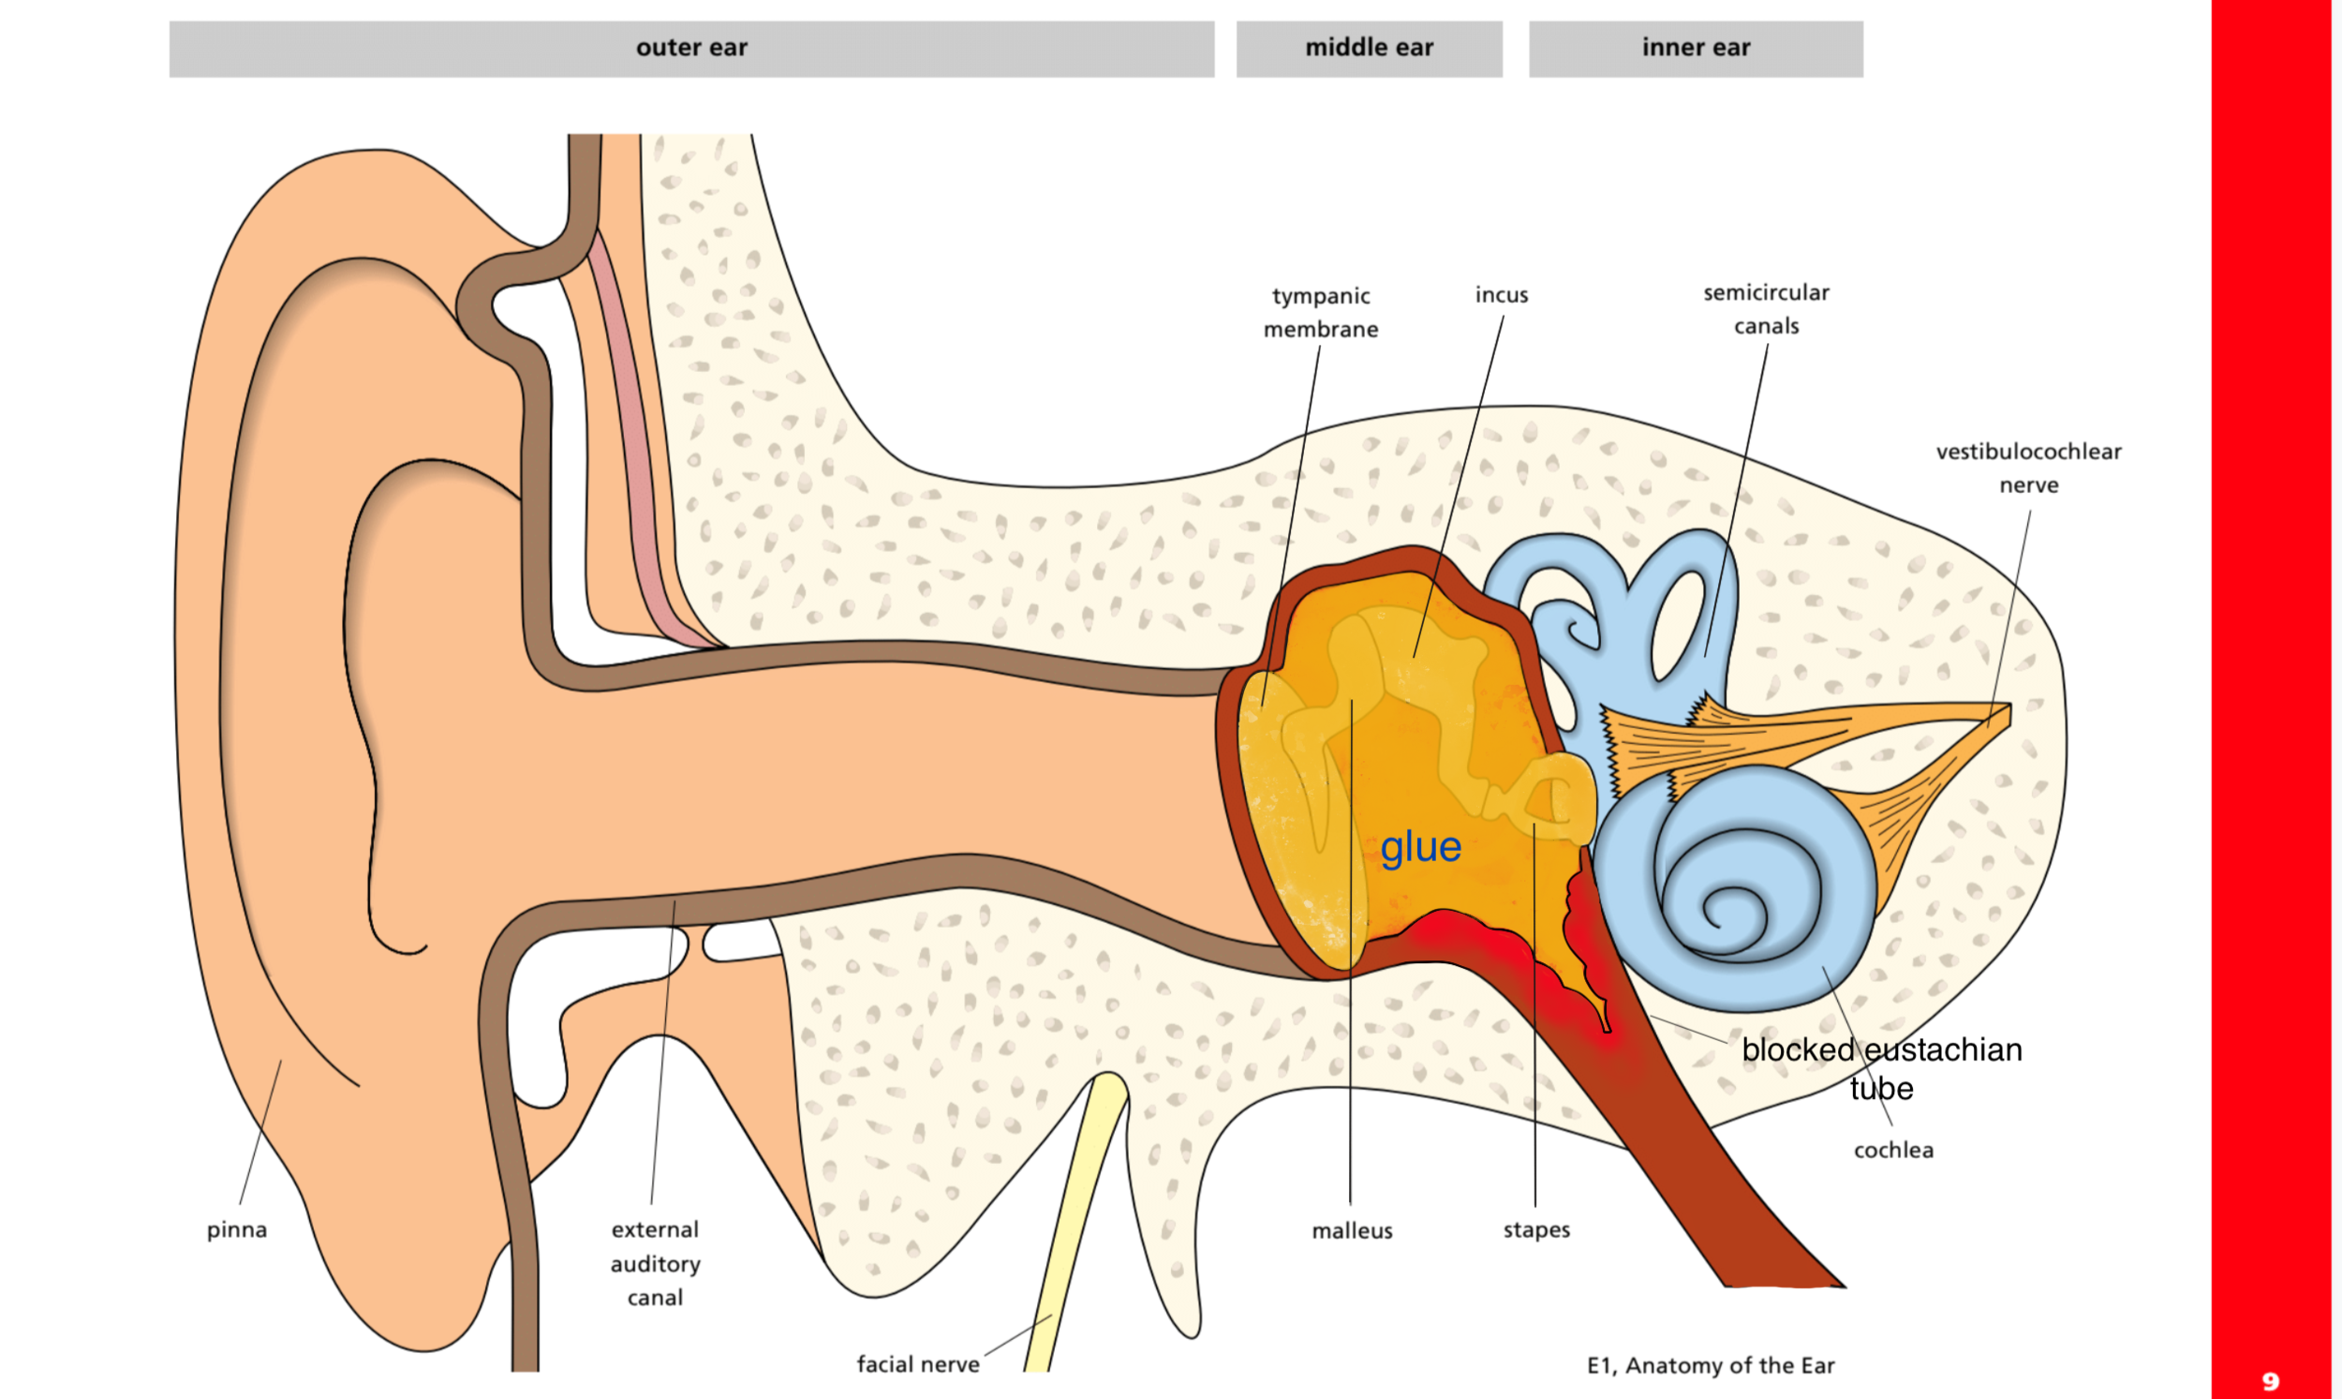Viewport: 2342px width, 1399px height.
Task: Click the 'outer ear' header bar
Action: point(691,49)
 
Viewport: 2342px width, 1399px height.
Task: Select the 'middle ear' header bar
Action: point(1370,49)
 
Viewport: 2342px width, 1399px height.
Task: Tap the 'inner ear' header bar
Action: point(1696,49)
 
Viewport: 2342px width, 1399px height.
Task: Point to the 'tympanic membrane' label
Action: point(1320,312)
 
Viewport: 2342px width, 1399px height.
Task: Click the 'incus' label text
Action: point(1502,295)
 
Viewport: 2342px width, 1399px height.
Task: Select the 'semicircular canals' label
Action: point(1766,309)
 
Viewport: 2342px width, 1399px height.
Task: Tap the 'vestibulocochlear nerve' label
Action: point(2028,468)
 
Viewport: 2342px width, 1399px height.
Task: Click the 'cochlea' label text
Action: point(1893,1150)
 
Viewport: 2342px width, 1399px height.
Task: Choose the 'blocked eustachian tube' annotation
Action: point(1881,1068)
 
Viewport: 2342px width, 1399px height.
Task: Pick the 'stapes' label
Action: point(1536,1230)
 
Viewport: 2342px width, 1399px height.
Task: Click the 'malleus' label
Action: point(1352,1230)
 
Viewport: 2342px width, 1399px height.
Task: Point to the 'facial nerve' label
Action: point(918,1364)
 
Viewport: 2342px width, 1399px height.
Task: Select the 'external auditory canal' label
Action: point(655,1263)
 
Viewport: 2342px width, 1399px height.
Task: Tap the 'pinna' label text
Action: point(237,1230)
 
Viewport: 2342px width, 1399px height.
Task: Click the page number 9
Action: point(2271,1382)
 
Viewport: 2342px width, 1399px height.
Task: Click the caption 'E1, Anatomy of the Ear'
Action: point(1711,1365)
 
